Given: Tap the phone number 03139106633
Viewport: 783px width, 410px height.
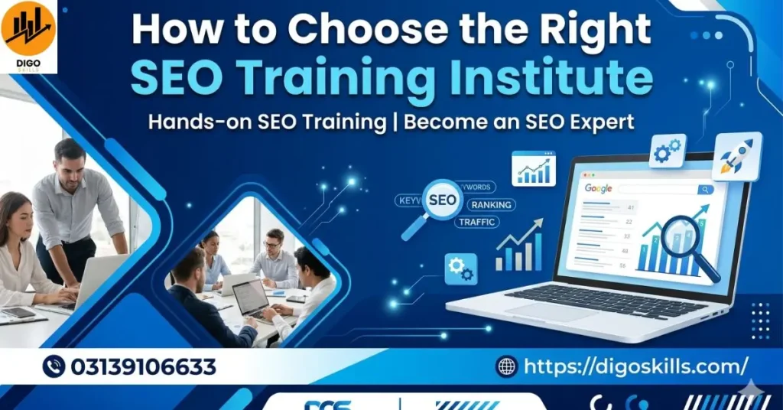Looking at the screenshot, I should (143, 367).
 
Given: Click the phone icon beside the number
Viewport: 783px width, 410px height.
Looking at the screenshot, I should (54, 367).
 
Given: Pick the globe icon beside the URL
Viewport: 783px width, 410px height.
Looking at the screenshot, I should (506, 367).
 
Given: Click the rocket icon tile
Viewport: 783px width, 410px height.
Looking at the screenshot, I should (737, 156).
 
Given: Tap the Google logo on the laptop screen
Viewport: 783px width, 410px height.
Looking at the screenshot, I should (599, 188).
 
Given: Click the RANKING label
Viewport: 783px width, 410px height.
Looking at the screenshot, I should (492, 205).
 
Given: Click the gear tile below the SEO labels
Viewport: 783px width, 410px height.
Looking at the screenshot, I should (460, 268).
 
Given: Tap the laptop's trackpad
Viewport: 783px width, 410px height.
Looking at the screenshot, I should (540, 311).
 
